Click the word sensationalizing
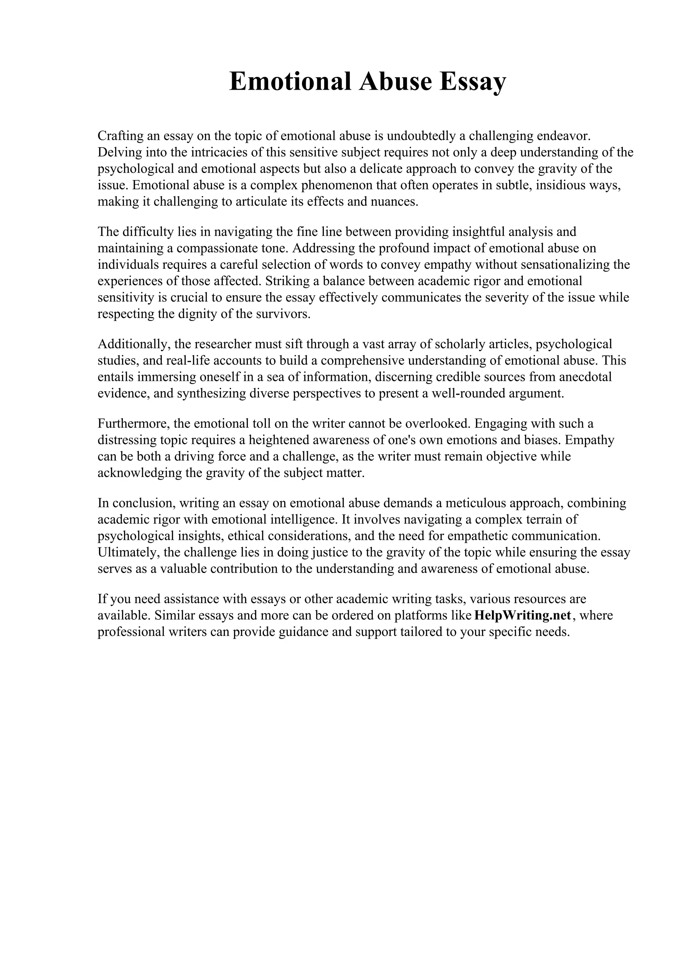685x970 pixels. coord(566,265)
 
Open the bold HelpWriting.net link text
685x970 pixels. coord(522,616)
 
